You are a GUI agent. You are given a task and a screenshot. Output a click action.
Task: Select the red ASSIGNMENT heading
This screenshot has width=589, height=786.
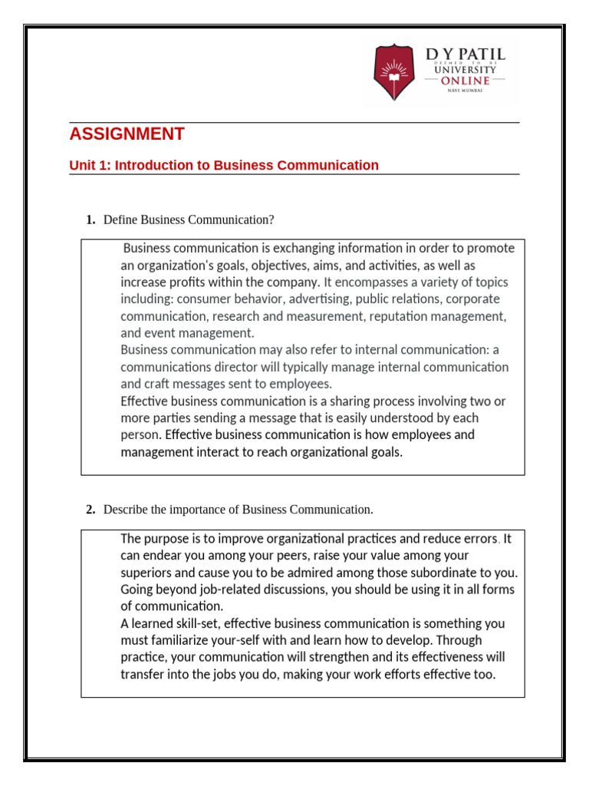click(127, 134)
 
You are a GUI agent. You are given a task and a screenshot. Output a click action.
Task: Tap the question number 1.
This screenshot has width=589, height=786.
click(90, 220)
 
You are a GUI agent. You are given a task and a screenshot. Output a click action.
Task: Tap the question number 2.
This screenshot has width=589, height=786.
click(90, 510)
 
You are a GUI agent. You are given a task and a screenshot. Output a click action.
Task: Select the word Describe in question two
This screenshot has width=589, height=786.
click(125, 510)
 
